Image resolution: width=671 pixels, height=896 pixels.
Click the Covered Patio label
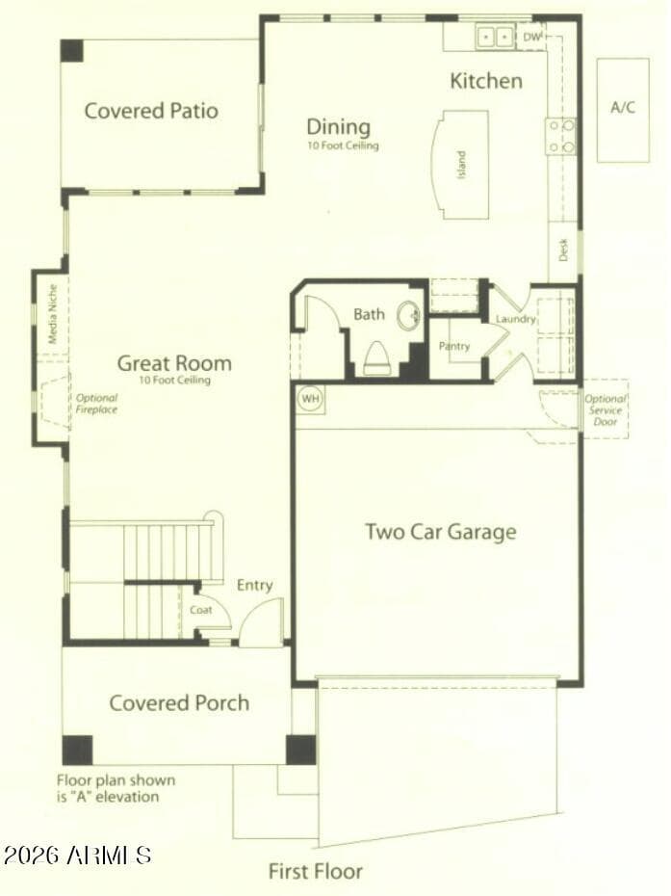tap(151, 110)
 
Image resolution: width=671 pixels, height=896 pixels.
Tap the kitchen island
tap(460, 165)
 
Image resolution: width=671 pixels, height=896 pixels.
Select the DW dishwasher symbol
tap(532, 38)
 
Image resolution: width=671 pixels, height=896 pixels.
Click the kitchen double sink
tap(495, 38)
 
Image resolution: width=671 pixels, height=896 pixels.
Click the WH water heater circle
tap(310, 398)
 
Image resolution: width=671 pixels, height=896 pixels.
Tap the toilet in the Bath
tap(376, 357)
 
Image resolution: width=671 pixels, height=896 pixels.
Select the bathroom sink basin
tap(410, 314)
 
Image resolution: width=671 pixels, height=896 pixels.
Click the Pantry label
tap(454, 346)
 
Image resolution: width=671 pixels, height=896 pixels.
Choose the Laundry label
tap(516, 319)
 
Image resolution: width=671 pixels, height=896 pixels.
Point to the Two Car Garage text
tap(441, 532)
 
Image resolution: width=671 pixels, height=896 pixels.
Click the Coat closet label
tap(200, 610)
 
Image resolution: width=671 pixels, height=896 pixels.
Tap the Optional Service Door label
tap(606, 410)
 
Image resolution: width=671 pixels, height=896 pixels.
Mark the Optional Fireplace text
tap(96, 404)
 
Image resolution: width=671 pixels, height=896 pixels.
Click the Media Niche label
tap(53, 314)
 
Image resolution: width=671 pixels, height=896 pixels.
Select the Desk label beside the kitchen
tap(563, 250)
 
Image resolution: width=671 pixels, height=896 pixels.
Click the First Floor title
tap(316, 871)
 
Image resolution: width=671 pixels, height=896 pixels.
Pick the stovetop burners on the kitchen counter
tap(561, 136)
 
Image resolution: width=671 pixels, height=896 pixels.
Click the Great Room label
tap(174, 363)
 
